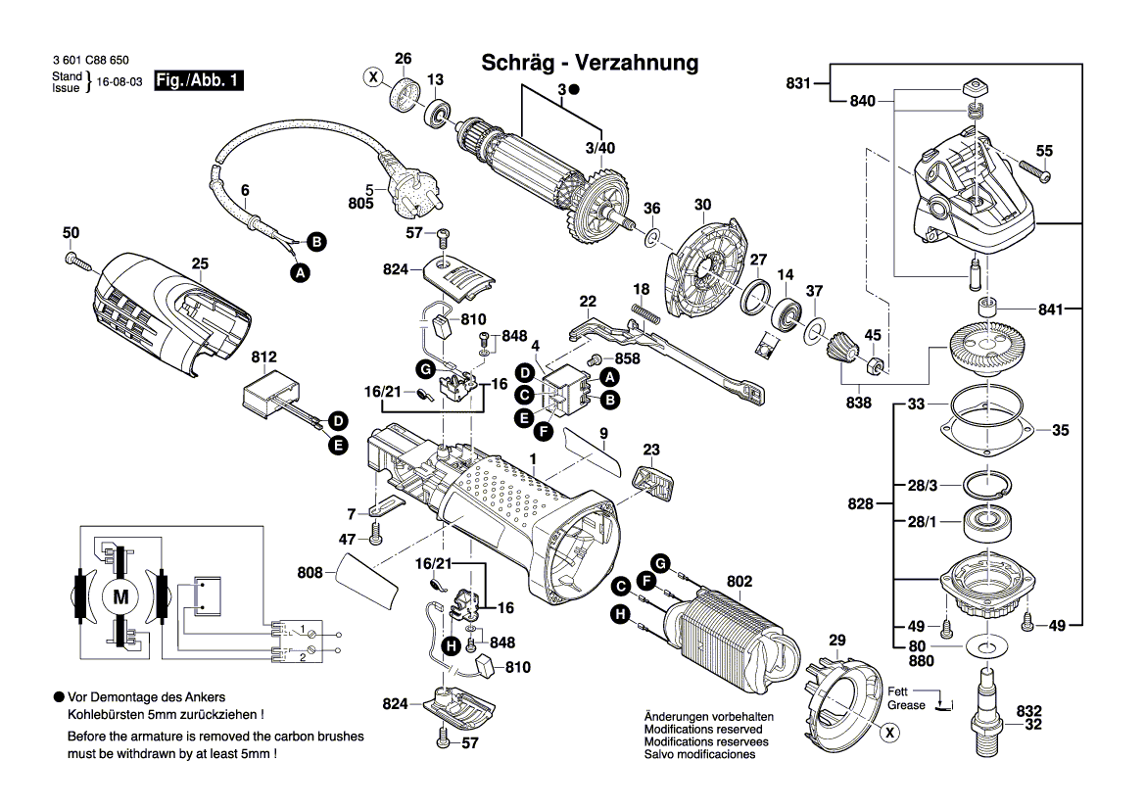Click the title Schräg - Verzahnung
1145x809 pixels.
590,64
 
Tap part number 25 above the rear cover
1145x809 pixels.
200,263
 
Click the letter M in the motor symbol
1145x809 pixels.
121,595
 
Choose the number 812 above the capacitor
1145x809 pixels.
264,357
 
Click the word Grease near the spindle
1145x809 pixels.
906,705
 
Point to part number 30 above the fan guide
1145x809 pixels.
702,205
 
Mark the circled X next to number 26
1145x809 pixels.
373,75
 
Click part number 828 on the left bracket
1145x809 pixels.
860,503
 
